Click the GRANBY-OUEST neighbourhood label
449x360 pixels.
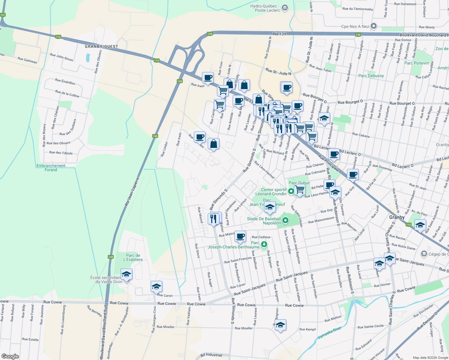[x=101, y=46]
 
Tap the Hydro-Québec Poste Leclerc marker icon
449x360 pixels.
[x=285, y=8]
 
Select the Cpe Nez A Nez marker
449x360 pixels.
[x=374, y=26]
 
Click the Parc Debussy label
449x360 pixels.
[x=371, y=76]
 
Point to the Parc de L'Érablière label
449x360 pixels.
[x=133, y=257]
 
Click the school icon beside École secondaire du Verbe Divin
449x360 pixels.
[x=126, y=274]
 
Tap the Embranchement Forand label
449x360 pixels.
[x=51, y=168]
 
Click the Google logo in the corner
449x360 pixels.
[x=10, y=356]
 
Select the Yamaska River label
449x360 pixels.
[x=329, y=333]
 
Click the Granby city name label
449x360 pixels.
[x=397, y=217]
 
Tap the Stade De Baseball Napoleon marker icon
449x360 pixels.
[x=285, y=221]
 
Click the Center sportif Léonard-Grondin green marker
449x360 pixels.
[x=291, y=191]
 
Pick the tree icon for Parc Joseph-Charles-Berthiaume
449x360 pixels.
[x=264, y=244]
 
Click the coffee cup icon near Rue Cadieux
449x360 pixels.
[x=240, y=236]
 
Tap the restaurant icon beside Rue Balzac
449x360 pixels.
[x=213, y=219]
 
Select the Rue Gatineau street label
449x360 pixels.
[x=27, y=60]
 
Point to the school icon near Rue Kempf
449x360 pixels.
[x=280, y=325]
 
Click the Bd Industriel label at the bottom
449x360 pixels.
[x=211, y=355]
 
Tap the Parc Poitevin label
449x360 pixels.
[x=417, y=63]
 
